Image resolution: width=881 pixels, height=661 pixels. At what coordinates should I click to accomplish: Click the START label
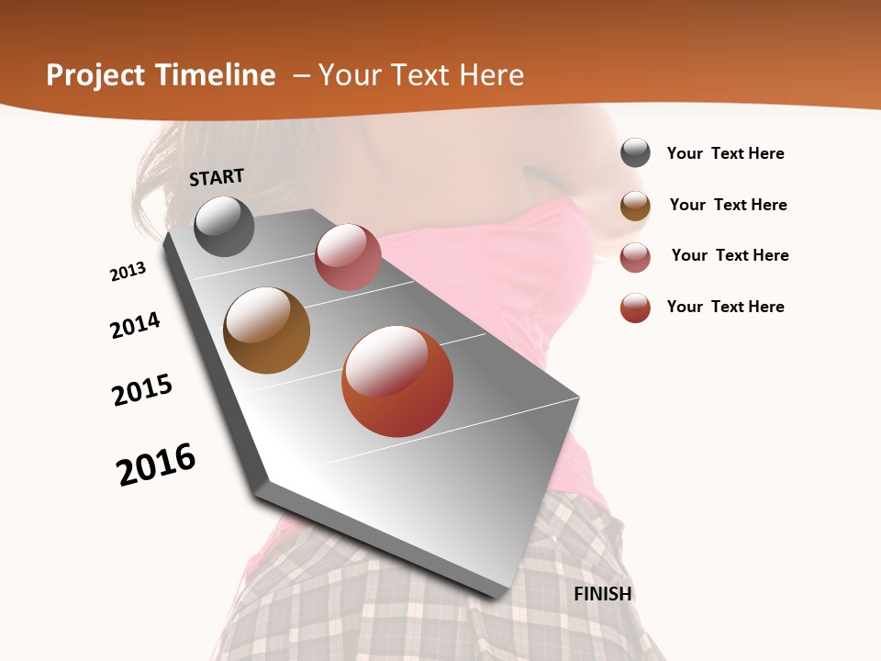click(x=217, y=177)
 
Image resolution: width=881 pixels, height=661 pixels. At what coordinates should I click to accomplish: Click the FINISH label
click(x=602, y=594)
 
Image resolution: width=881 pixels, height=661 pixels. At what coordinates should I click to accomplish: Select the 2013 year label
click(x=128, y=272)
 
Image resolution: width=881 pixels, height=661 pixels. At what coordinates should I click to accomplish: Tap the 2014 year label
click(x=135, y=325)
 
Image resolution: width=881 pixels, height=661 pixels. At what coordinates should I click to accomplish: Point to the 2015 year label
click(x=142, y=390)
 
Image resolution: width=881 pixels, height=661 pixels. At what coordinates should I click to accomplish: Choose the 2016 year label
click(x=156, y=465)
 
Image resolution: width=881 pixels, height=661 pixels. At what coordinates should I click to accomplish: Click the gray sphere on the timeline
click(x=224, y=226)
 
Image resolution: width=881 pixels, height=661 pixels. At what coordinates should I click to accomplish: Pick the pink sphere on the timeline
click(x=348, y=257)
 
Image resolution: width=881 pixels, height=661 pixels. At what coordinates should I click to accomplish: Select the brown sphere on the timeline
click(x=267, y=330)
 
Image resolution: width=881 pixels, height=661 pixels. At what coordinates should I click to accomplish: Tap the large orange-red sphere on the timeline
click(x=397, y=381)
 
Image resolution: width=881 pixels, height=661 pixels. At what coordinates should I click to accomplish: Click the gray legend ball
click(x=635, y=153)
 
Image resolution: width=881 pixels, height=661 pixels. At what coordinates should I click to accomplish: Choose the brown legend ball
click(x=635, y=205)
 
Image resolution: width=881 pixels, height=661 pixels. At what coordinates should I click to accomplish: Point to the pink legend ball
click(x=635, y=256)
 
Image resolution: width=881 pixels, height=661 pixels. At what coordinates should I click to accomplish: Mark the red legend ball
click(x=635, y=308)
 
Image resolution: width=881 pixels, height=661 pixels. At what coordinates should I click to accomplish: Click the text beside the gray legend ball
click(x=725, y=153)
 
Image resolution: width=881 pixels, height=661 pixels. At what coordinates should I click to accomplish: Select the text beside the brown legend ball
click(x=728, y=205)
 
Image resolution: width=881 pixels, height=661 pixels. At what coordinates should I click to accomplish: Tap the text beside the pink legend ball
click(x=730, y=255)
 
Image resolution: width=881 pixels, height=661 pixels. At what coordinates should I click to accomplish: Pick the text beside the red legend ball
click(x=725, y=307)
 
